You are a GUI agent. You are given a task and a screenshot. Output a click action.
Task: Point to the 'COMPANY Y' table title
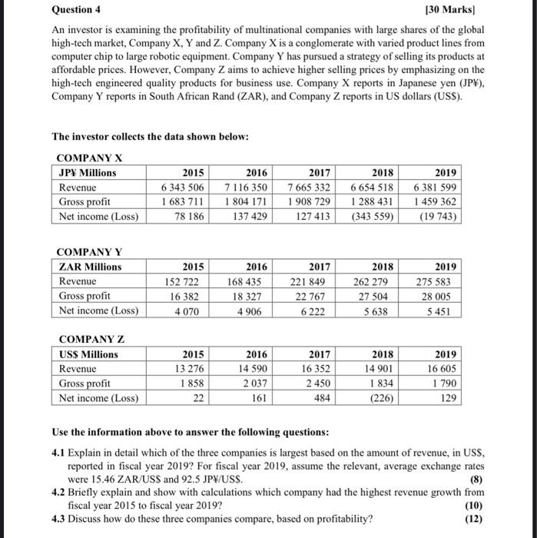coord(89,252)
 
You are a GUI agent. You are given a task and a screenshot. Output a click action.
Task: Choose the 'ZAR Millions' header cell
coord(90,267)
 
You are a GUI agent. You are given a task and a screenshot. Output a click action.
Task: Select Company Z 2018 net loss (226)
coord(381,398)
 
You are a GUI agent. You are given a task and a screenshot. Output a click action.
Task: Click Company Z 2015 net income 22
coord(199,398)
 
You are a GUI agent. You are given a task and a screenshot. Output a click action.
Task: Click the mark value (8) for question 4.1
coord(478,479)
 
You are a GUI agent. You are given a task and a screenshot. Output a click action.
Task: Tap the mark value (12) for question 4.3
coord(476,518)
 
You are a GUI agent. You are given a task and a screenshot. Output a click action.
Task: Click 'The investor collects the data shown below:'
coord(150,136)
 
